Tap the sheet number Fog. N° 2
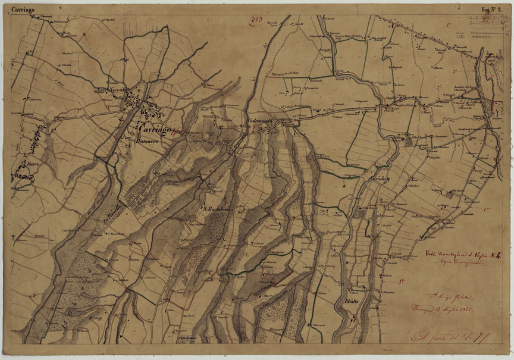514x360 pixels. click(x=493, y=10)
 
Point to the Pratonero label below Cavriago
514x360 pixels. click(x=149, y=142)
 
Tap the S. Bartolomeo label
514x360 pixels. click(x=218, y=208)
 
